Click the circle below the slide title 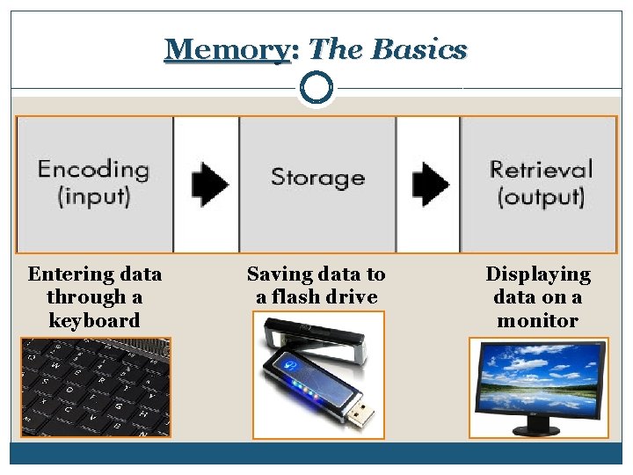tap(316, 88)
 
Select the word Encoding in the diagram tap(93, 169)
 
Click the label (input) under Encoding tap(93, 194)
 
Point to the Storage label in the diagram tap(317, 178)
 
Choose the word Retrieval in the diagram tap(541, 169)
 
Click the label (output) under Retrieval tap(541, 195)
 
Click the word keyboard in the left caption tap(94, 320)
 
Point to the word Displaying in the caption tap(538, 274)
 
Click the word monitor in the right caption tap(538, 320)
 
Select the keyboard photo tap(95, 387)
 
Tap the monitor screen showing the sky tap(537, 380)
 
